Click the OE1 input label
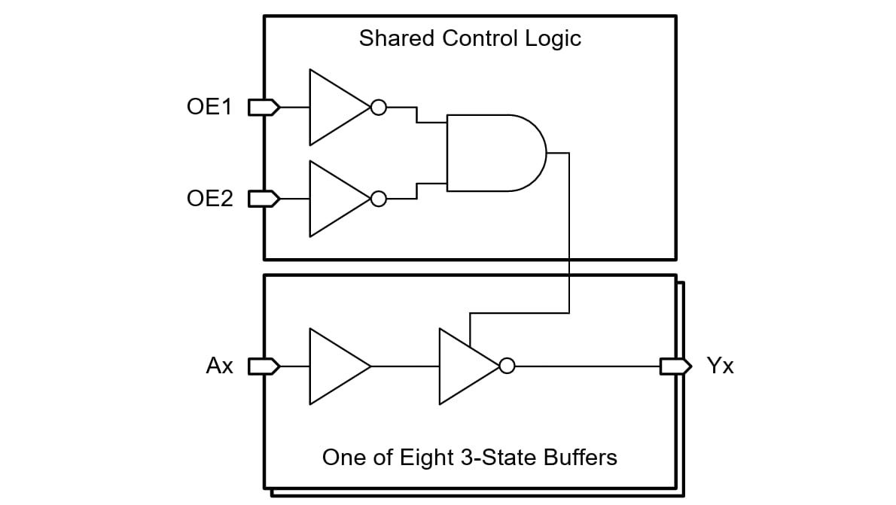pyautogui.click(x=209, y=107)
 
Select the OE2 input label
pyautogui.click(x=209, y=199)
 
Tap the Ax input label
pyautogui.click(x=220, y=367)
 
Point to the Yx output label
pyautogui.click(x=720, y=367)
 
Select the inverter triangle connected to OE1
pyautogui.click(x=334, y=108)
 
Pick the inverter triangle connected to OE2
pyautogui.click(x=334, y=199)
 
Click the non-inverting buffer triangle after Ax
pyautogui.click(x=334, y=367)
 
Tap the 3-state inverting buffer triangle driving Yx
pyautogui.click(x=464, y=367)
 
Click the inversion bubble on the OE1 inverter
pyautogui.click(x=379, y=108)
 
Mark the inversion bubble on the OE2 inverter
pyautogui.click(x=379, y=199)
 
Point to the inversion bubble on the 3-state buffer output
pyautogui.click(x=507, y=367)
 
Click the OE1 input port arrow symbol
pyautogui.click(x=264, y=108)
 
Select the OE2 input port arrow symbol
pyautogui.click(x=264, y=199)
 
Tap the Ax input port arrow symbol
pyautogui.click(x=264, y=367)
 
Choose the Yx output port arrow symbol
pyautogui.click(x=675, y=367)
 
